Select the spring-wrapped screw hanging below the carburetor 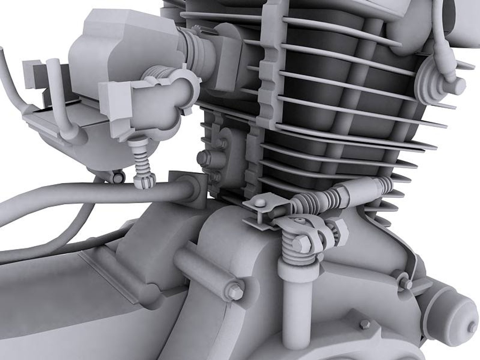(x=142, y=160)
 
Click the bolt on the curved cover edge (x=407, y=283)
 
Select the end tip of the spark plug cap (x=460, y=83)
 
